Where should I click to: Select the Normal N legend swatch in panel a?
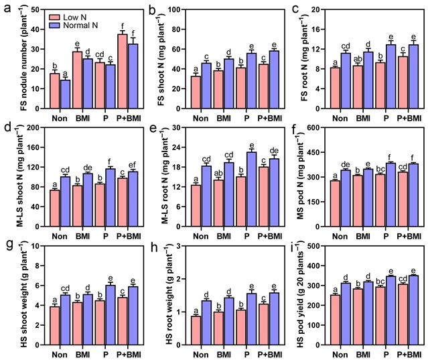(x=50, y=24)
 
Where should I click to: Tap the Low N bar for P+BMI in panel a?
(x=123, y=66)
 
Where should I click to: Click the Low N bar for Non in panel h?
(x=194, y=328)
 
